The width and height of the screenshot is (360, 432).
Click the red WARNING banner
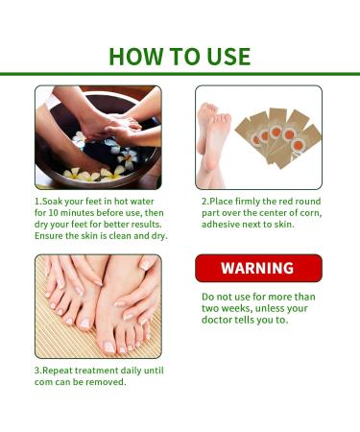(x=258, y=268)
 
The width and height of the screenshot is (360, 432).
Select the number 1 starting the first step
(x=37, y=203)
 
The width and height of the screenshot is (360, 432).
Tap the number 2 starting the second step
(x=204, y=203)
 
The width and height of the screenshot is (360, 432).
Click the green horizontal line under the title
(x=180, y=74)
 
